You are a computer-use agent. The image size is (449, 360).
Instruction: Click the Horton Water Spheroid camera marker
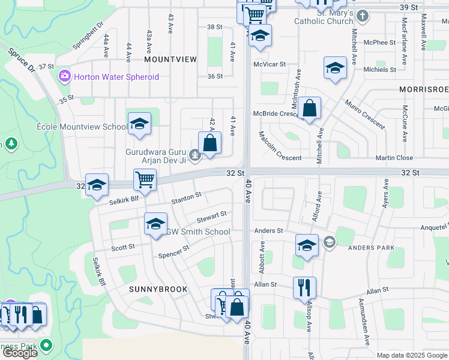pyautogui.click(x=64, y=77)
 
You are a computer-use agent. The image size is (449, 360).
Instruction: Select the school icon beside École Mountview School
pyautogui.click(x=139, y=124)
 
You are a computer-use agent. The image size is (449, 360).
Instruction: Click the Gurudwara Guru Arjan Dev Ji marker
pyautogui.click(x=194, y=156)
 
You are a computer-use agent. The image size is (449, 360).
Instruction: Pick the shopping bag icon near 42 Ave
pyautogui.click(x=209, y=143)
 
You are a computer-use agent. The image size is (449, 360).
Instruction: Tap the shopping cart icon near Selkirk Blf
pyautogui.click(x=145, y=179)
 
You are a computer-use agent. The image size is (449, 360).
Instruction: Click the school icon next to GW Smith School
pyautogui.click(x=155, y=224)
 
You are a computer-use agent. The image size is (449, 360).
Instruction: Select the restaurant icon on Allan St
pyautogui.click(x=304, y=287)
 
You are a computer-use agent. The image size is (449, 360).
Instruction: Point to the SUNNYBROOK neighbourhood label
pyautogui.click(x=158, y=289)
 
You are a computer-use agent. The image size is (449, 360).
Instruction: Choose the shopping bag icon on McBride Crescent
pyautogui.click(x=309, y=109)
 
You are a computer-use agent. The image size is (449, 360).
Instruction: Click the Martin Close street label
pyautogui.click(x=394, y=158)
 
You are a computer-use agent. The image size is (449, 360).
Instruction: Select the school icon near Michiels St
pyautogui.click(x=335, y=68)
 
